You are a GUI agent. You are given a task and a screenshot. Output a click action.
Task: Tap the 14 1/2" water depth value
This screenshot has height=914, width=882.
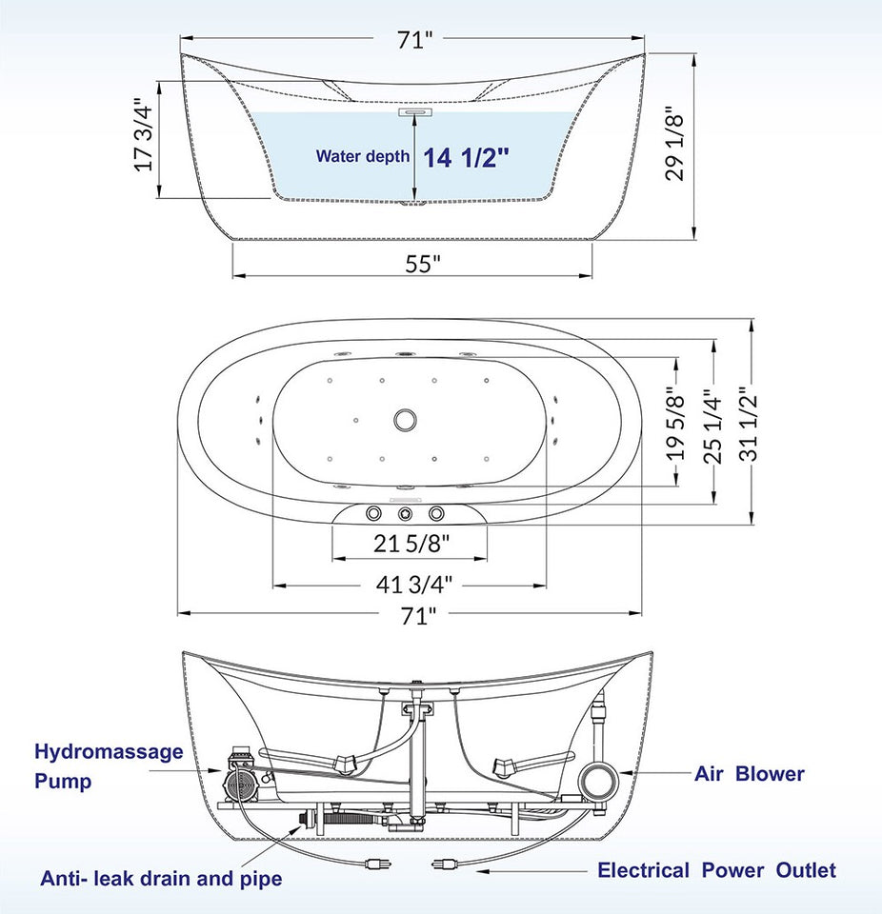pos(466,157)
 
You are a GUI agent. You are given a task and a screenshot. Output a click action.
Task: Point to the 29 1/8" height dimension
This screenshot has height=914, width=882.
pos(674,143)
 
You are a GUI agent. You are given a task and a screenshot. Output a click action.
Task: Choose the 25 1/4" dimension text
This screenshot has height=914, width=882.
pos(713,425)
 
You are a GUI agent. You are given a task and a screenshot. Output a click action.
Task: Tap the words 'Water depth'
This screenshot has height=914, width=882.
pos(363,157)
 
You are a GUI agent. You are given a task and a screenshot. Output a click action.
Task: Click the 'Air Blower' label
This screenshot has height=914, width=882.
pos(749,773)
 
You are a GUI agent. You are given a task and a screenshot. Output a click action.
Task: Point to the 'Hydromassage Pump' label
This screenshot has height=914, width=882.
pos(109,766)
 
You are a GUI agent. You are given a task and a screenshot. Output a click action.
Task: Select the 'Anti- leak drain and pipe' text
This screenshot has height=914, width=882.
pos(161,878)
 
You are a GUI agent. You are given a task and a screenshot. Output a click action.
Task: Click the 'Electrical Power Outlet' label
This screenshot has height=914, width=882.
pos(716,870)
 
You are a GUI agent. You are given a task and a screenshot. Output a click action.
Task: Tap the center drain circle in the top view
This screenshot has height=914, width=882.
pos(405,418)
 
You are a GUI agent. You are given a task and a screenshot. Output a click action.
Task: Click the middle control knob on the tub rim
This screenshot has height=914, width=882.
pos(405,515)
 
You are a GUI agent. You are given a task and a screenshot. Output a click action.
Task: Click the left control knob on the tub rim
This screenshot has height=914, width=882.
pos(371,515)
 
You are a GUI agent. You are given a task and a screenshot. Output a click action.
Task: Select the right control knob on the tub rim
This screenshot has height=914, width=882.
pos(437,515)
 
